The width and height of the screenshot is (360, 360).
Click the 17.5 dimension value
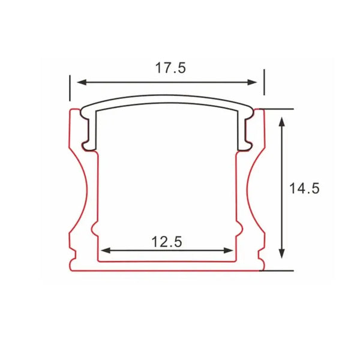click(170, 68)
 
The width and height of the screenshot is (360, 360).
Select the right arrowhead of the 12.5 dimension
click(229, 250)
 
